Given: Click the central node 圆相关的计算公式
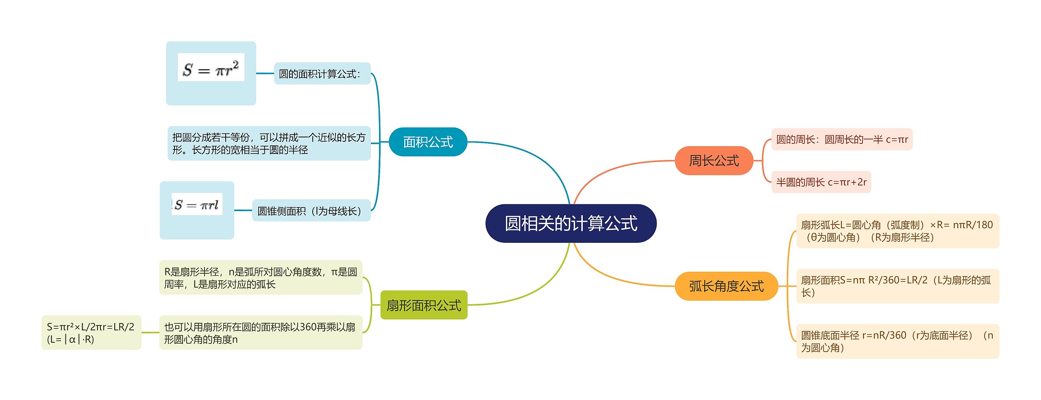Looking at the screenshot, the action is pyautogui.click(x=571, y=223).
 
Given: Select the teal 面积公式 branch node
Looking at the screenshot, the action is pyautogui.click(x=428, y=142).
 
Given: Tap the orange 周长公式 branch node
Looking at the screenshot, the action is pyautogui.click(x=714, y=161).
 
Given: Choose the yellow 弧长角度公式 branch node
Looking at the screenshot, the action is pyautogui.click(x=726, y=286).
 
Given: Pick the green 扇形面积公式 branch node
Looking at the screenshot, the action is pyautogui.click(x=424, y=305).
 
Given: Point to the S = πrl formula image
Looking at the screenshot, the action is pyautogui.click(x=197, y=204).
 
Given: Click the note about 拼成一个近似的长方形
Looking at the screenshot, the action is pyautogui.click(x=269, y=143).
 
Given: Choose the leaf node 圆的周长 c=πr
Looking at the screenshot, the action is pyautogui.click(x=842, y=139).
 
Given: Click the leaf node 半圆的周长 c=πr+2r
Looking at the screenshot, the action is pyautogui.click(x=821, y=182).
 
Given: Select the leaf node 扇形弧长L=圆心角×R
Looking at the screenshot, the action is pyautogui.click(x=897, y=231).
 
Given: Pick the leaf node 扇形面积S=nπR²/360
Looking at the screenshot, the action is pyautogui.click(x=897, y=286).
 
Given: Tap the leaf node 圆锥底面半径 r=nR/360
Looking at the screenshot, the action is pyautogui.click(x=897, y=341).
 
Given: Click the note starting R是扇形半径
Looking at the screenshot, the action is pyautogui.click(x=261, y=277).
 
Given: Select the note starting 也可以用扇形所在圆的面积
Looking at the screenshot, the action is pyautogui.click(x=261, y=333).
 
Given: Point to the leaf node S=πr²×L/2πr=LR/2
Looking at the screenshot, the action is pyautogui.click(x=91, y=333).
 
